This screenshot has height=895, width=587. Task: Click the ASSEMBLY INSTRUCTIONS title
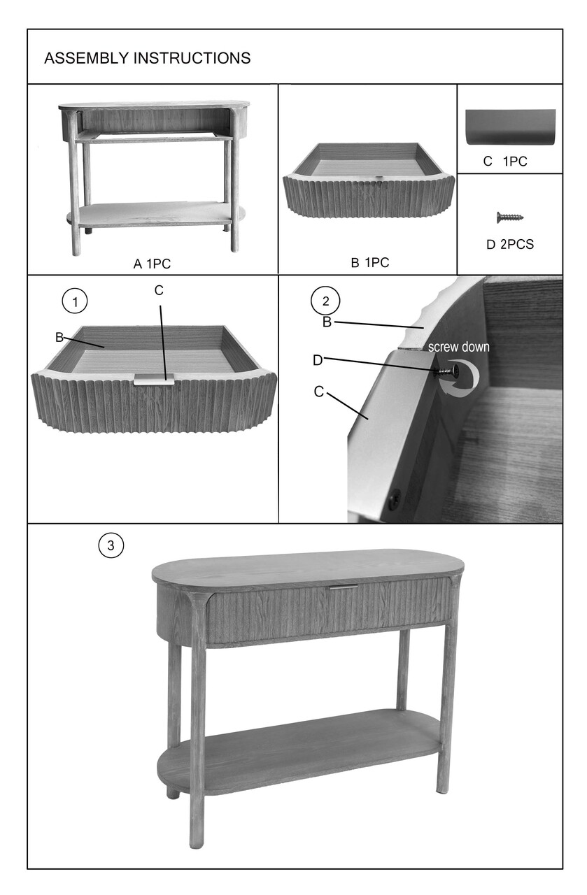point(147,58)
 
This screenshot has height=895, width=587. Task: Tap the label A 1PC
point(152,264)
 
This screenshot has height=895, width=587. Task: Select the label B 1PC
point(369,264)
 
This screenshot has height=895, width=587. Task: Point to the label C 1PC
point(505,162)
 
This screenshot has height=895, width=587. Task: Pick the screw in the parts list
point(511,217)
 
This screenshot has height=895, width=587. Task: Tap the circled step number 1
point(75,301)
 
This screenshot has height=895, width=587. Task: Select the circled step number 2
point(325,301)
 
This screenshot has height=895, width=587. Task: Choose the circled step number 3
point(111,545)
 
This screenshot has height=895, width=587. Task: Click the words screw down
point(458,347)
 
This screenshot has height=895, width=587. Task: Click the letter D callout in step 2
point(318,360)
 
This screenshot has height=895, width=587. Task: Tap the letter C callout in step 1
point(159,290)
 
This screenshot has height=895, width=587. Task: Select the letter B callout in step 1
point(59,337)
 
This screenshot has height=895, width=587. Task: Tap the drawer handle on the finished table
point(344,588)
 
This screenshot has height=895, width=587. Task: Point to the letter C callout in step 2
point(319,392)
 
